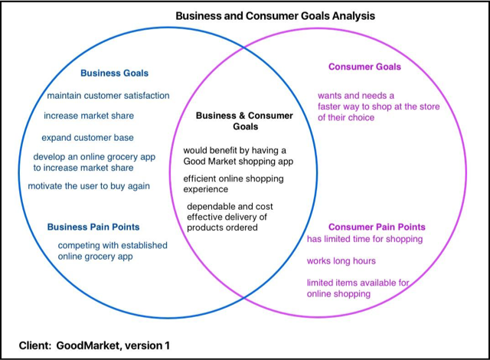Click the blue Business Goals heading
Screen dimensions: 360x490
pyautogui.click(x=114, y=74)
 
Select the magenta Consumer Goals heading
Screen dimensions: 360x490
pyautogui.click(x=364, y=67)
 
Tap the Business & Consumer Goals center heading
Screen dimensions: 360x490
pyautogui.click(x=244, y=121)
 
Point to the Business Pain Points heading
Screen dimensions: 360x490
pyautogui.click(x=93, y=227)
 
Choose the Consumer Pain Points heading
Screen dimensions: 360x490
pyautogui.click(x=377, y=227)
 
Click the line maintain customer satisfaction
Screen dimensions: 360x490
pyautogui.click(x=108, y=96)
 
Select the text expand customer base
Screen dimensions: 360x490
pyautogui.click(x=88, y=138)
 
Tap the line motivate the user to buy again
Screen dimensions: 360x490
pyautogui.click(x=89, y=186)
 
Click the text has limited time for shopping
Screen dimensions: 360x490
pyautogui.click(x=364, y=239)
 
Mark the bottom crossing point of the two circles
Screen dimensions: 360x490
pyautogui.click(x=244, y=300)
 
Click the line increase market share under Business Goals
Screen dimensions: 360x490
pyautogui.click(x=89, y=116)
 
